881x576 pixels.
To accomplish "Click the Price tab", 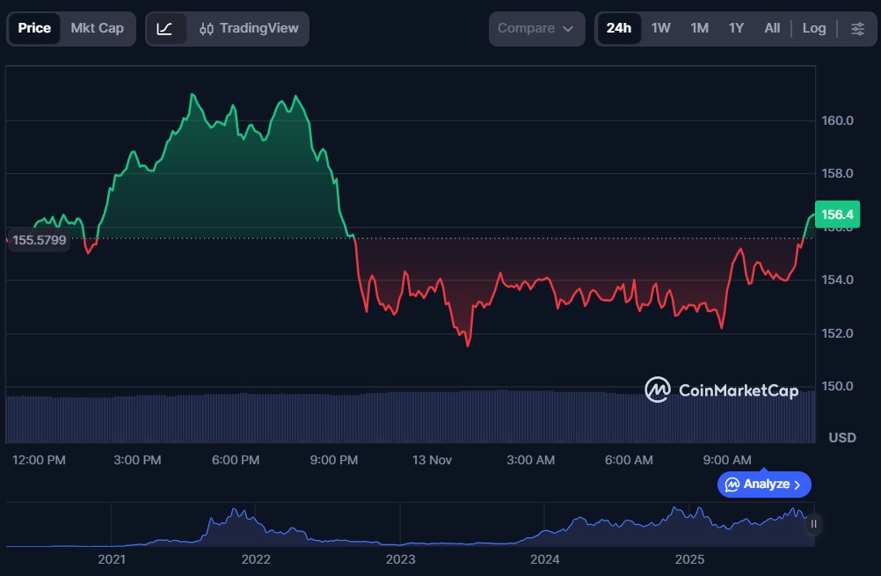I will pos(34,28).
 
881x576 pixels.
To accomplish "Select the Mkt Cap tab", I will pos(97,28).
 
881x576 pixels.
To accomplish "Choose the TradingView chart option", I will pos(249,28).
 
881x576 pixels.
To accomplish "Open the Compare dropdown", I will pos(536,28).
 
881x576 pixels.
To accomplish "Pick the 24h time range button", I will pos(618,28).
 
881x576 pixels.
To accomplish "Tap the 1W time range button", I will pos(660,28).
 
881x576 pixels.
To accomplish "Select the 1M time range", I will pos(699,28).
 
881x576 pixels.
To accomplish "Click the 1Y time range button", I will pos(736,28).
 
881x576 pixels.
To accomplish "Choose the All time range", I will pos(772,28).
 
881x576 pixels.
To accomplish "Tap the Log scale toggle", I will pos(814,28).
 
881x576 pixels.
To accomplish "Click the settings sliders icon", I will pos(857,28).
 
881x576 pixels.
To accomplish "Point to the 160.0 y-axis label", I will pos(837,120).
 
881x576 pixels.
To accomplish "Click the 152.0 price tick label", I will pos(837,333).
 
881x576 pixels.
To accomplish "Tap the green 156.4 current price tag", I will pos(836,214).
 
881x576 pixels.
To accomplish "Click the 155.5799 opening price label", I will pos(40,240).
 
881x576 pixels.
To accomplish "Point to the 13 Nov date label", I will pos(431,460).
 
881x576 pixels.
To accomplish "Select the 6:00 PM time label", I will pos(236,460).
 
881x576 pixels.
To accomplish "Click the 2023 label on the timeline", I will pos(400,558).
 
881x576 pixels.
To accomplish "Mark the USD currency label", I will pos(842,438).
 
